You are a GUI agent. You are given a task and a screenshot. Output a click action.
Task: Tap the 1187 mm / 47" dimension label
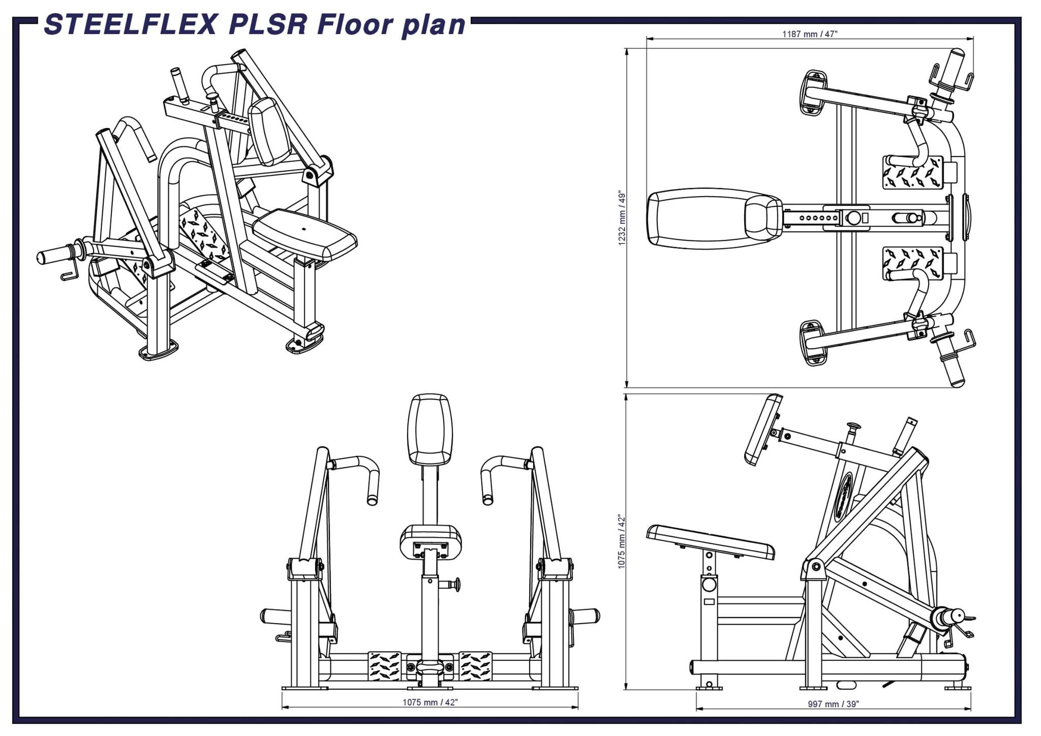pos(810,34)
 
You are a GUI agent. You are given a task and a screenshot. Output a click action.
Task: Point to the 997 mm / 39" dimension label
pos(833,704)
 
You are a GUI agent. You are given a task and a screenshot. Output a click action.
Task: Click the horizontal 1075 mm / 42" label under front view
pos(430,702)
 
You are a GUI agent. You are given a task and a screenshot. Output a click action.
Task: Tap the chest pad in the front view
pos(430,430)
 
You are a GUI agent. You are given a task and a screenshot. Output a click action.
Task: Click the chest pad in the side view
pos(763,430)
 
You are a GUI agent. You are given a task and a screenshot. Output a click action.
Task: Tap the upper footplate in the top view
pos(912,172)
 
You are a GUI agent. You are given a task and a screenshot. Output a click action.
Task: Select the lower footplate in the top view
pos(912,263)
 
